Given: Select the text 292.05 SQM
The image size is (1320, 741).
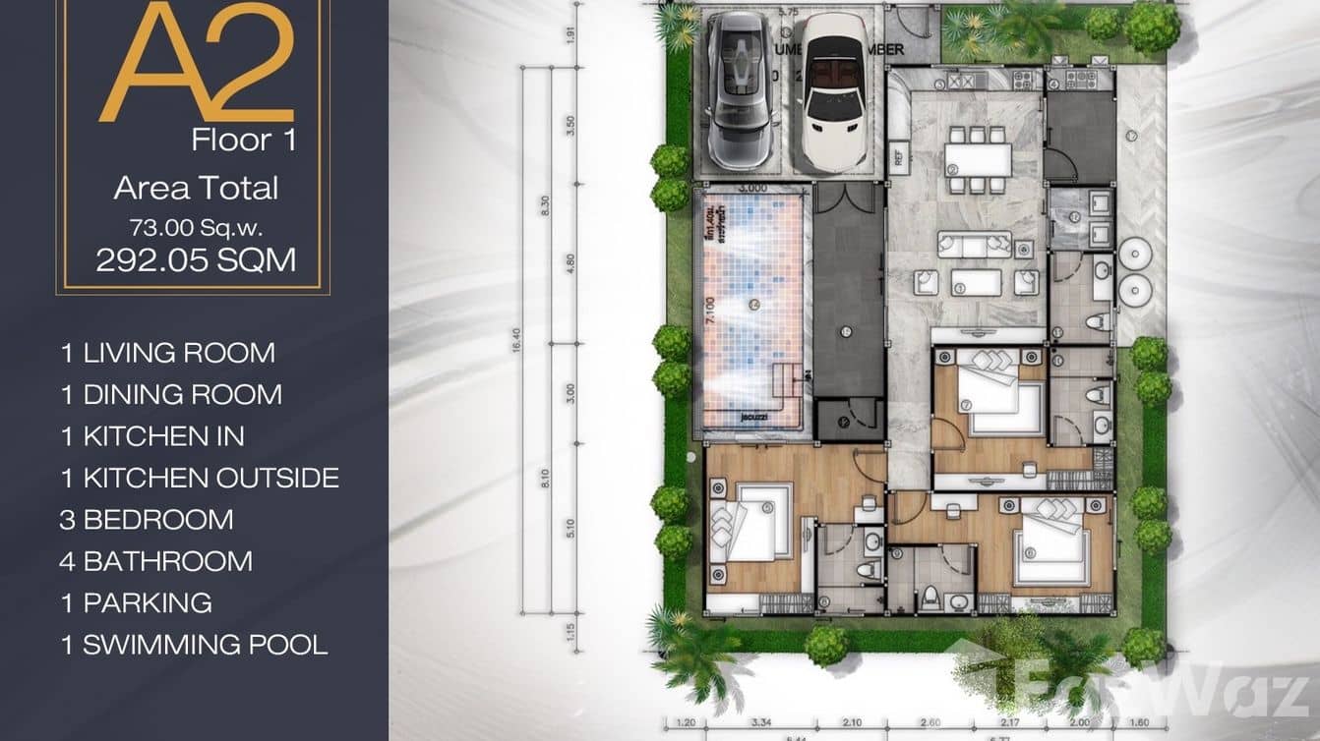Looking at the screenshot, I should (x=196, y=259).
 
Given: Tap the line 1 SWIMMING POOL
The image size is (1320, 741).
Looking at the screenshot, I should (x=194, y=645).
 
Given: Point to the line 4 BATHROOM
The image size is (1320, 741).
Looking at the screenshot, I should (x=156, y=561).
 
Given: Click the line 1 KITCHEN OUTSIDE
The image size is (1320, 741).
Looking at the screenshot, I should (x=200, y=478).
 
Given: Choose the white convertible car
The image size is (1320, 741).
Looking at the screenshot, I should (x=834, y=92).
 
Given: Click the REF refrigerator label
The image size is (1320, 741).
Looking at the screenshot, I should (x=898, y=154).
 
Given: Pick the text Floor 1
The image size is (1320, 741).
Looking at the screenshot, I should (x=244, y=140).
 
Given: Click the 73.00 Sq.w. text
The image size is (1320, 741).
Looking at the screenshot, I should (x=196, y=226).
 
